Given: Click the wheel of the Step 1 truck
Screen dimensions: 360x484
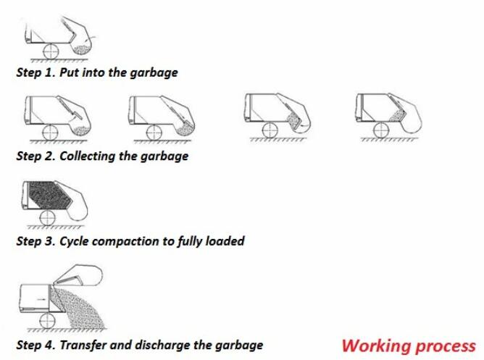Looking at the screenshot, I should pyautogui.click(x=52, y=51).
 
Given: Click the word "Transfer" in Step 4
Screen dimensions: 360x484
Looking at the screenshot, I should pyautogui.click(x=81, y=345).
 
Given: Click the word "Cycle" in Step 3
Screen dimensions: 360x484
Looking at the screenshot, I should pyautogui.click(x=64, y=241).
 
